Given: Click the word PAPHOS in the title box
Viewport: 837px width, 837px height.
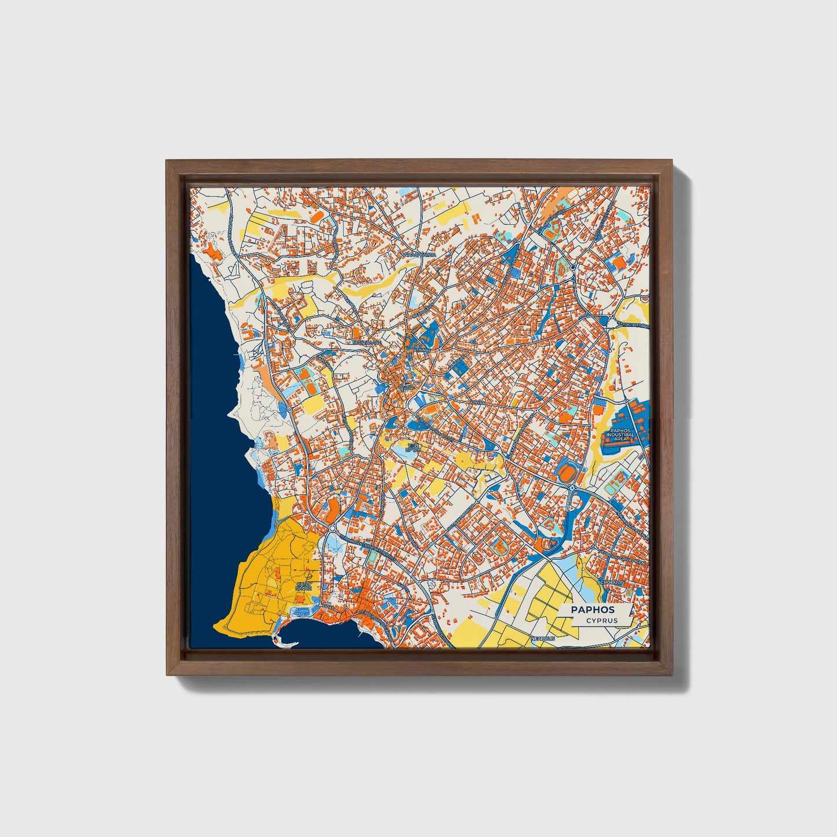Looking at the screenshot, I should click(x=593, y=609).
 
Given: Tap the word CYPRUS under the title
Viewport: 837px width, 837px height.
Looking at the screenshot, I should click(x=601, y=620).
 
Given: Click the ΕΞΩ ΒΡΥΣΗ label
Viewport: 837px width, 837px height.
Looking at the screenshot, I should click(x=412, y=447).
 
